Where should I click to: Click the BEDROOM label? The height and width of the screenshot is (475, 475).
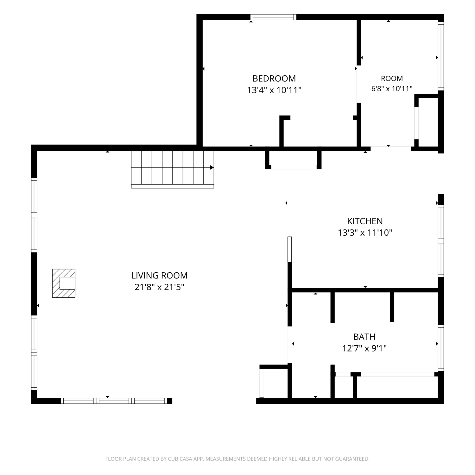point(274,78)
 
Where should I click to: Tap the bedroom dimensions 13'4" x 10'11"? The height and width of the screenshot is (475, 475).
point(274,90)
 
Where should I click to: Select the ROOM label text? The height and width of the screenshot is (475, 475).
point(392,79)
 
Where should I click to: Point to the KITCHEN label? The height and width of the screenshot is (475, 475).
point(365,221)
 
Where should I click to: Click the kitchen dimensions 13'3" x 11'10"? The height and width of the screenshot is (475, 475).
point(365,233)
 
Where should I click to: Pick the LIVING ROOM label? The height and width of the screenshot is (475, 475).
point(159,275)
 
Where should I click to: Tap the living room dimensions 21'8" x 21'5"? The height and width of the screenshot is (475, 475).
point(159,287)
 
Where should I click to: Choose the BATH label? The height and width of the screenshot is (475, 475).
point(364,337)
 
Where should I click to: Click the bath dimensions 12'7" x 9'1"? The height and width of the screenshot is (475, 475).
point(364,349)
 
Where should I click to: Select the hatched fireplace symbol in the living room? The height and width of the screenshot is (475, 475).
point(64,283)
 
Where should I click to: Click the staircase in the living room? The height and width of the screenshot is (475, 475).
point(173,169)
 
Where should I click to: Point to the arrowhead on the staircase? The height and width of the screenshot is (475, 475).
point(212,168)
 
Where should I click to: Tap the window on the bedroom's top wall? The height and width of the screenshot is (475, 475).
point(274,17)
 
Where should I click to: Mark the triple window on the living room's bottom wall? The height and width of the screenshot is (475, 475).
point(114,401)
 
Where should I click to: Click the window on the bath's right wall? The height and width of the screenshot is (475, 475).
point(441,348)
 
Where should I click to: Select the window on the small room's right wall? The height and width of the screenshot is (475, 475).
point(441,56)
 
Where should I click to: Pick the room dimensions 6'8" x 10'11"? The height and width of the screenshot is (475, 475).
point(392,89)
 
